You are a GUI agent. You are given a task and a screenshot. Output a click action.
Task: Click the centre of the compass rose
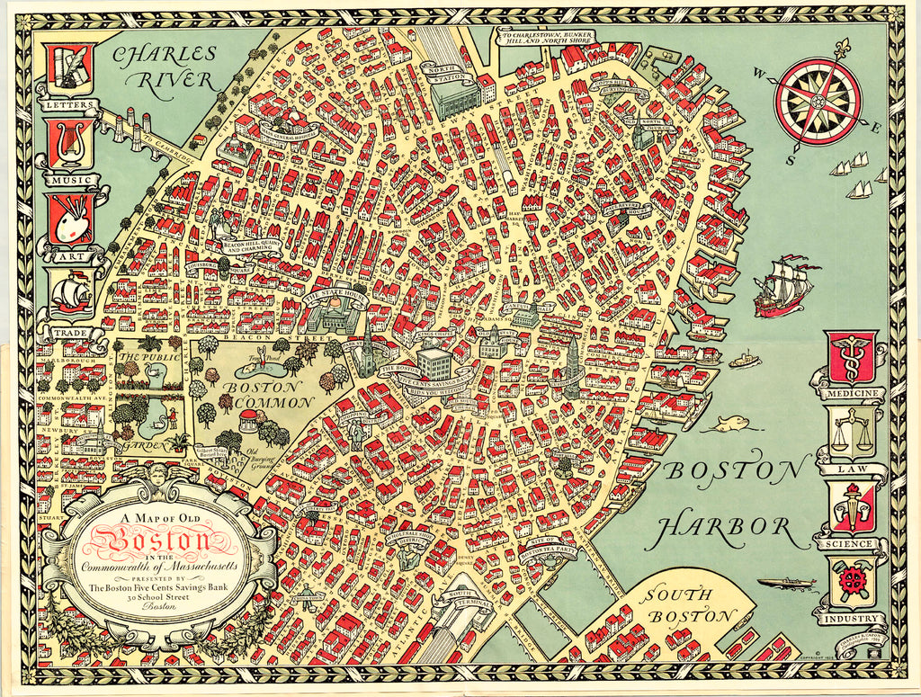(x=818, y=100)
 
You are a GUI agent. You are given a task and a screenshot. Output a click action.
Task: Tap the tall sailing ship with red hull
(x=783, y=286)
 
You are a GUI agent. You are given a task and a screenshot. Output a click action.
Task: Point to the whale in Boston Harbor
(x=728, y=424)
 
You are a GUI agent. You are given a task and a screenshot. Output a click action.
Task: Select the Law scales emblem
(x=850, y=433)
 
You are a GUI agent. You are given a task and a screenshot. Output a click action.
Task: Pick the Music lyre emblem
(x=71, y=144)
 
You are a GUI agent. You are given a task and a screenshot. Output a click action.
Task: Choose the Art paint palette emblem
(x=71, y=219)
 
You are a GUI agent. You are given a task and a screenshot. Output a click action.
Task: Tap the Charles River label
(x=164, y=67)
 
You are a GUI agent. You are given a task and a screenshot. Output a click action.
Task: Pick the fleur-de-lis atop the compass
(x=842, y=47)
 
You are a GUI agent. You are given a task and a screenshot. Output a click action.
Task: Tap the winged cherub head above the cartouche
(x=158, y=473)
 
